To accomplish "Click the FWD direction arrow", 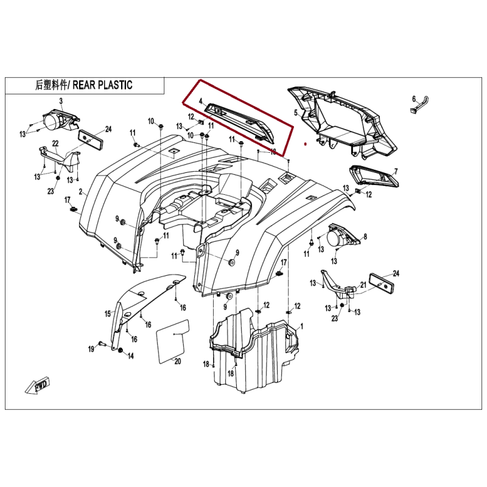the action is pyautogui.click(x=38, y=386).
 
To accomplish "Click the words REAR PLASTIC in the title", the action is pyautogui.click(x=102, y=85).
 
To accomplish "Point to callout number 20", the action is pyautogui.click(x=177, y=361).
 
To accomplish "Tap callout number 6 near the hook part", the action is pyautogui.click(x=414, y=99).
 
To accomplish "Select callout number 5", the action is pyautogui.click(x=296, y=113).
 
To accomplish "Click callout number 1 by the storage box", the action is pyautogui.click(x=301, y=326).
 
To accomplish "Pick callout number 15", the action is pyautogui.click(x=108, y=314).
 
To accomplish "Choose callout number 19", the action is pyautogui.click(x=91, y=349).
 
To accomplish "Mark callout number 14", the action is pyautogui.click(x=131, y=356).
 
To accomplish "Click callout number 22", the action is pyautogui.click(x=55, y=144).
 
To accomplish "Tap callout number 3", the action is pyautogui.click(x=61, y=101).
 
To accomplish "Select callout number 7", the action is pyautogui.click(x=396, y=172).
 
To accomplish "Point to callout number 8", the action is pyautogui.click(x=365, y=237).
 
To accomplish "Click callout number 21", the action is pyautogui.click(x=363, y=285).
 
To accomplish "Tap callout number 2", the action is pyautogui.click(x=81, y=192).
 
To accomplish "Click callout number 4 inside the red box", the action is pyautogui.click(x=201, y=101).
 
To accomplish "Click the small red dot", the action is pyautogui.click(x=306, y=144).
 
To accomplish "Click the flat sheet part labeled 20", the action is pyautogui.click(x=173, y=341).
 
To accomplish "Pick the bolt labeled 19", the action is pyautogui.click(x=102, y=344).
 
